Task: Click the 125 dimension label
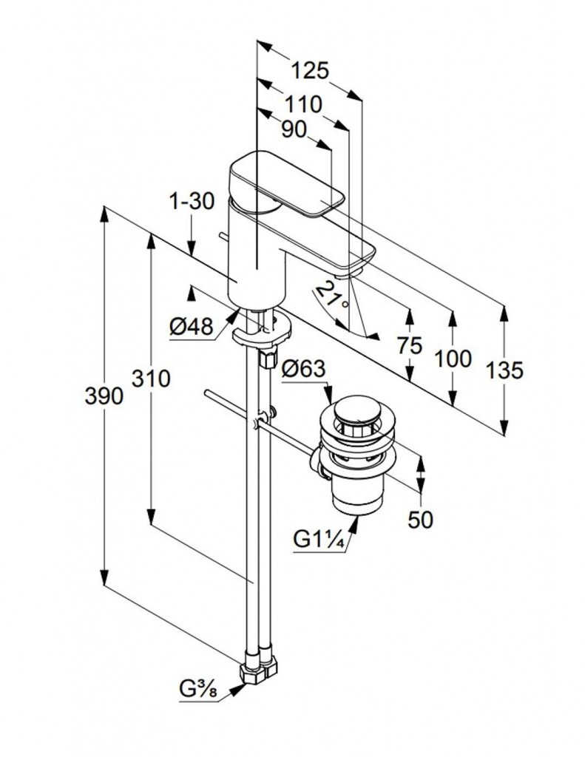tap(309, 71)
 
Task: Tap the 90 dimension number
tap(294, 129)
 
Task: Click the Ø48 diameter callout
tap(191, 326)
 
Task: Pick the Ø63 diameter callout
tap(303, 367)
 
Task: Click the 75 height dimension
tap(408, 345)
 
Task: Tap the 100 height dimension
tap(453, 360)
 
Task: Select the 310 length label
tap(151, 379)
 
